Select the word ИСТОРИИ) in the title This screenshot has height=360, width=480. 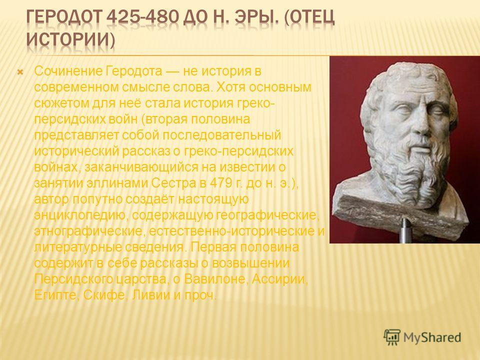click(70, 40)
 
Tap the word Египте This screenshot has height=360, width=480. click(56, 295)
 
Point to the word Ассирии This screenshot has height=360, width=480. click(280, 279)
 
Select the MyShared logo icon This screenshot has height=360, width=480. click(392, 337)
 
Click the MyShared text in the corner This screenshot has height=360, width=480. click(432, 337)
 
